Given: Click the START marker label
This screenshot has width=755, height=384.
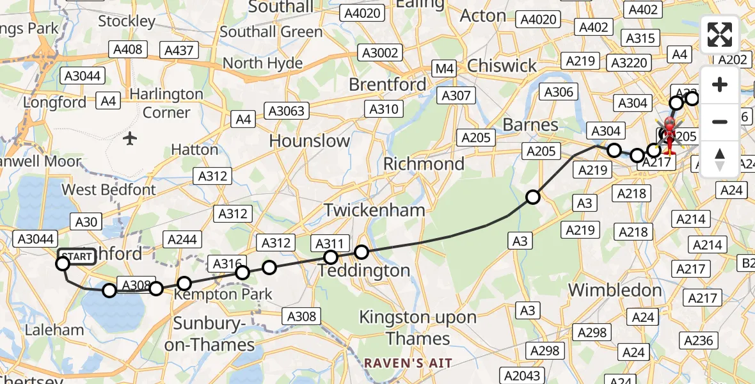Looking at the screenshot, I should click(x=77, y=257).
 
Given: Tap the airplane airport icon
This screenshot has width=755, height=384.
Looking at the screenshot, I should click(x=130, y=138).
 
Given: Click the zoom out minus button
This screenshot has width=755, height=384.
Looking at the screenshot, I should click(x=720, y=122).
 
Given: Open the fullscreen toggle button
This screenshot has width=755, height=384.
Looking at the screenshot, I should click(x=720, y=35).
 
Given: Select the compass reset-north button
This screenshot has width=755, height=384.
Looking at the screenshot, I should click(x=720, y=159).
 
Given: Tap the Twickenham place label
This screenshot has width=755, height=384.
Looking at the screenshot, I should click(x=374, y=210).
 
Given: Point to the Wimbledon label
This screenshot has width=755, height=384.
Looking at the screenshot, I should click(x=615, y=290).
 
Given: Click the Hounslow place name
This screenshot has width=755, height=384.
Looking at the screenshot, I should click(x=309, y=141).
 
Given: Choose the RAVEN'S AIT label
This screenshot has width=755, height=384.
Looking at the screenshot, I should click(x=408, y=364).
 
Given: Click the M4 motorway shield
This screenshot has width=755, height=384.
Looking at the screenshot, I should click(x=443, y=68).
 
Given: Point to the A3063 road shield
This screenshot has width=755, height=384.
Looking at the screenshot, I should click(x=286, y=111).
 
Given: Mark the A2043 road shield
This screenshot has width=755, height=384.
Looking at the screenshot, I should click(x=522, y=376).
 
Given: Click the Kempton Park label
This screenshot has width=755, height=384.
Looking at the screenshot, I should click(x=223, y=294).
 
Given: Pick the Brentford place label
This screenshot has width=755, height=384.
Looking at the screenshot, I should click(x=387, y=84).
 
